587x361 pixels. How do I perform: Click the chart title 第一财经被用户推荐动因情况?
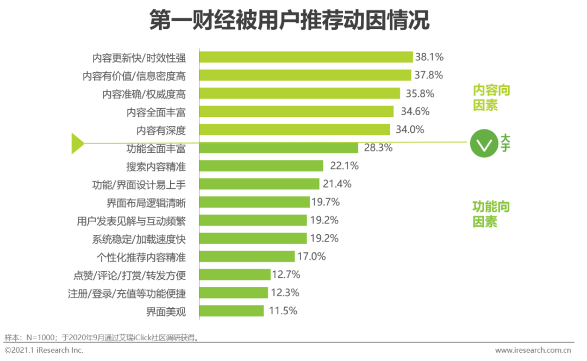(289, 21)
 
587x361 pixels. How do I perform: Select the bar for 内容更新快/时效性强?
(306, 57)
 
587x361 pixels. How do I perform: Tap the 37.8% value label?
(429, 75)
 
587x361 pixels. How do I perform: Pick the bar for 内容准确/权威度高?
(299, 94)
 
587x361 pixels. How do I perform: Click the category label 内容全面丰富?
(156, 112)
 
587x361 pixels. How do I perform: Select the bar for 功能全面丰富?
(278, 148)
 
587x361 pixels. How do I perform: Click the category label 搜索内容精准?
(156, 166)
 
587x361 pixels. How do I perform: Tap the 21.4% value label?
(338, 184)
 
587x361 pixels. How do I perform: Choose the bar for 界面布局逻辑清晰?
(254, 202)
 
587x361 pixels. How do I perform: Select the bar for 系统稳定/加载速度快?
(253, 238)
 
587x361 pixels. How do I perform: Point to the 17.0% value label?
(312, 256)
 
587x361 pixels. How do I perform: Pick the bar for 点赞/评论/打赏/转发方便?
(235, 275)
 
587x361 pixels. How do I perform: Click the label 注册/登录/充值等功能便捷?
(127, 294)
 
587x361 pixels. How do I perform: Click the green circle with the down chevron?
(484, 144)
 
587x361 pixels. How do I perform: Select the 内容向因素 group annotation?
(491, 98)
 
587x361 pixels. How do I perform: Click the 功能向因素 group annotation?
(491, 214)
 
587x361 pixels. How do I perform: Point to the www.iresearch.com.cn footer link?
(533, 350)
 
